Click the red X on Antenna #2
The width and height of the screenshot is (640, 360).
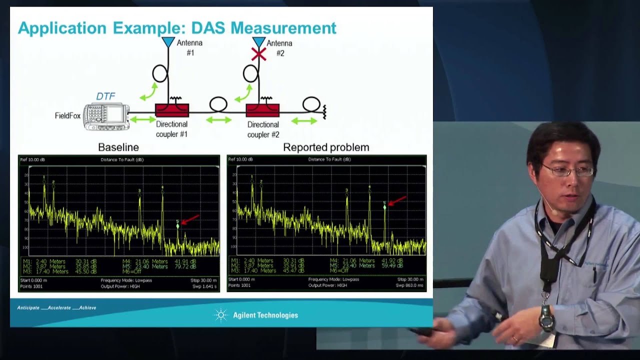point(258,53)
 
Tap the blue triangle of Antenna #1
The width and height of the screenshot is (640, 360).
point(168,42)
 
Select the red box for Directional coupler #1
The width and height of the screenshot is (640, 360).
point(172,110)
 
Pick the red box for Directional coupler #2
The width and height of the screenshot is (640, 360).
point(262,110)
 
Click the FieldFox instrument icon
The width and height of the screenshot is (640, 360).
point(106,116)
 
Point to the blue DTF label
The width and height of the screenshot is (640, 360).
point(105,96)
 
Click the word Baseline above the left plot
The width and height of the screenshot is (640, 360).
point(118,147)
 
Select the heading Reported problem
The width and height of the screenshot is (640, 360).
point(326,147)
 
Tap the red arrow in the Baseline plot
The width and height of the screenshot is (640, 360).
point(190,219)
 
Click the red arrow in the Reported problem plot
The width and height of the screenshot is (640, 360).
point(397,200)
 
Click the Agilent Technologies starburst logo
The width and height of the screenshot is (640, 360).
point(220,315)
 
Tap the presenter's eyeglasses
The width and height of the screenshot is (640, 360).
point(567,171)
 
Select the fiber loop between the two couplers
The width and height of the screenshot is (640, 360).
point(218,104)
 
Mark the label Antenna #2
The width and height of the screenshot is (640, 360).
point(279,48)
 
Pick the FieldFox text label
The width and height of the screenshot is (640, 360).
point(67,116)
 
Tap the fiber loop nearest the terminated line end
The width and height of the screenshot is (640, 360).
point(311,104)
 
